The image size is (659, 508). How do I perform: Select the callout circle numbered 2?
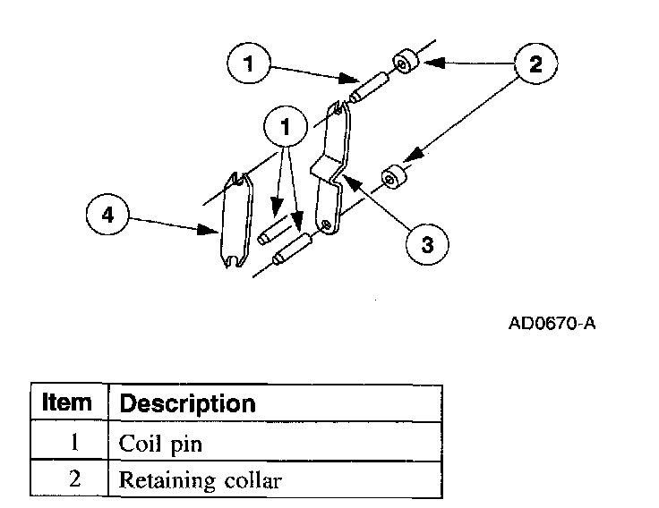pyautogui.click(x=535, y=63)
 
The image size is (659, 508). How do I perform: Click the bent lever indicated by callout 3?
pyautogui.click(x=331, y=170)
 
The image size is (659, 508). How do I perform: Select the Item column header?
pyautogui.click(x=67, y=402)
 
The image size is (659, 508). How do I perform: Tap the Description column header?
pyautogui.click(x=188, y=403)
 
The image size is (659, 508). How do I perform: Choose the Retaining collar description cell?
pyautogui.click(x=201, y=481)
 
